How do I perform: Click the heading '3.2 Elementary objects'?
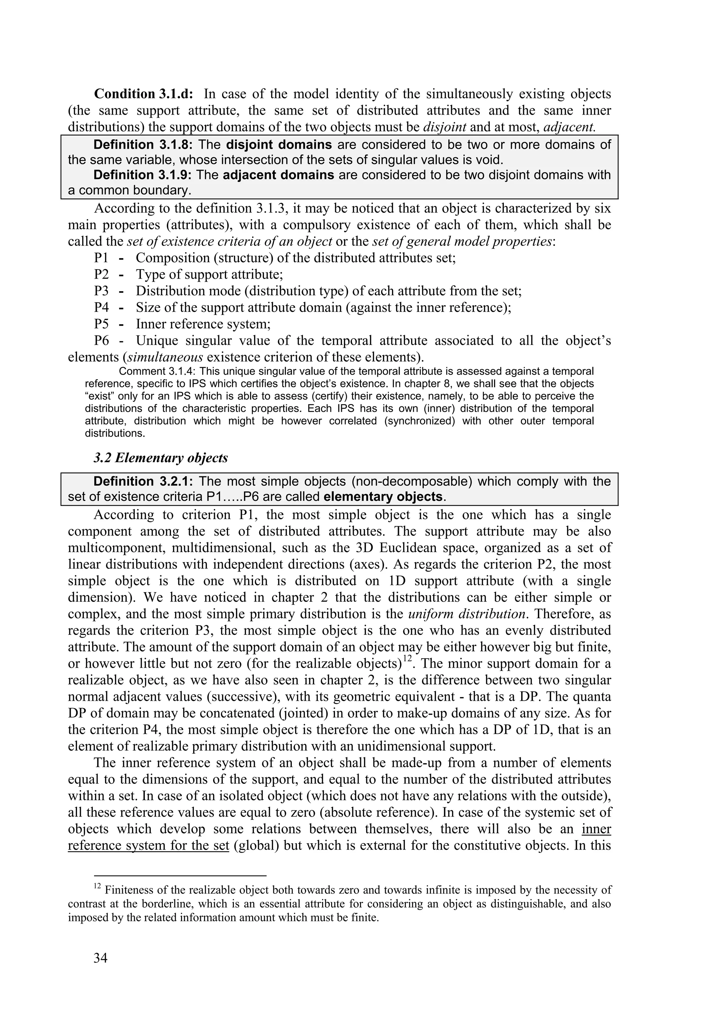pos(160,458)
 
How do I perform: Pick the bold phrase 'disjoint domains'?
pos(279,145)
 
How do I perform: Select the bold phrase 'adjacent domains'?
pos(279,175)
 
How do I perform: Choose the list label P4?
pos(101,307)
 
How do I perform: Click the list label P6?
pos(101,341)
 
